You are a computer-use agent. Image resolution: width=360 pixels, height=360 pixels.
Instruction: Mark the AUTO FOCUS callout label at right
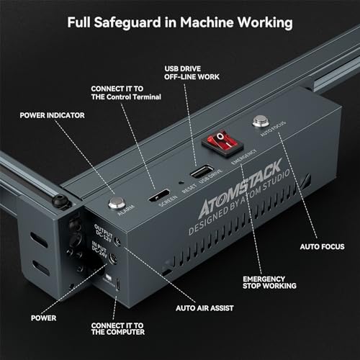[x=323, y=246]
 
